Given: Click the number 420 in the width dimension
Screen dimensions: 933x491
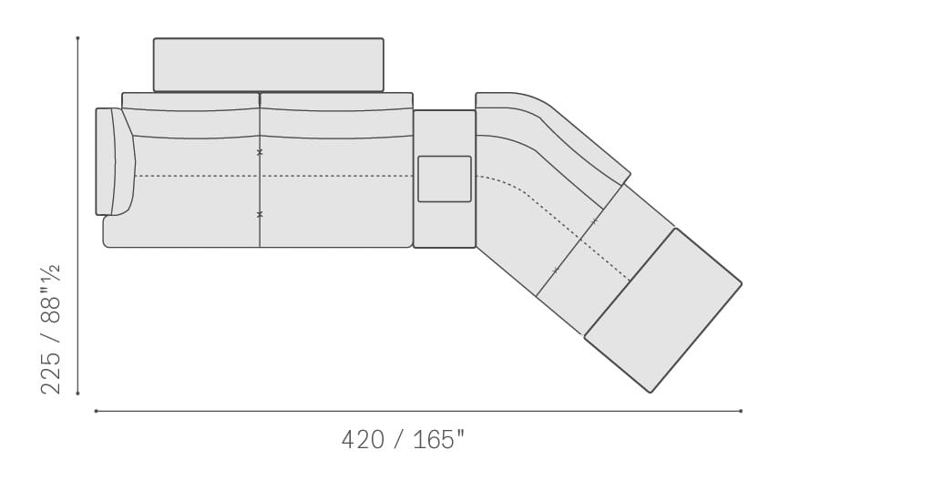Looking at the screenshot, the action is click(x=363, y=440).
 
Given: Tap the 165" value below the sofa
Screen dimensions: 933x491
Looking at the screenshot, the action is click(x=439, y=439).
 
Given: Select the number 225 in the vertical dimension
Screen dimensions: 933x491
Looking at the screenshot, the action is click(x=51, y=373).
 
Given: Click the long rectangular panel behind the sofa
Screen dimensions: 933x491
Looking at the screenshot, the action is click(x=269, y=65).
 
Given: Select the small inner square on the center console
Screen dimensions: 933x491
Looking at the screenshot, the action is click(x=445, y=179).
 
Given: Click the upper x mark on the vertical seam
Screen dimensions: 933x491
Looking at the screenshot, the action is click(x=260, y=152).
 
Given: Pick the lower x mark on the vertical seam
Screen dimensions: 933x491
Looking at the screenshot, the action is click(x=260, y=214).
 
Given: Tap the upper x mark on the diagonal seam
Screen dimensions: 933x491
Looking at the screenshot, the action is click(x=594, y=222).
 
